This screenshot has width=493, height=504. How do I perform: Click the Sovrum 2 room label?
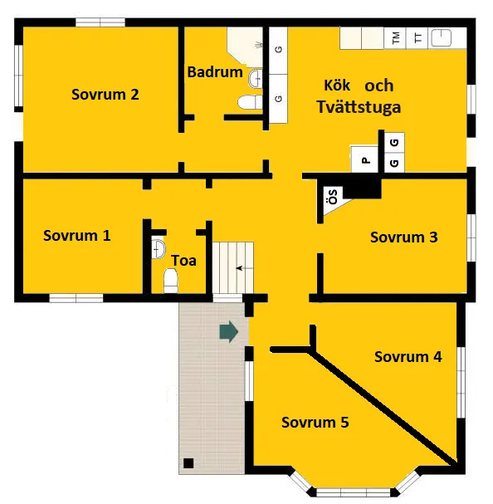[105, 95]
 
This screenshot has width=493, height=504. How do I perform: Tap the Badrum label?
[215, 72]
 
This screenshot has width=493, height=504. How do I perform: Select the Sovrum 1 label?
[77, 236]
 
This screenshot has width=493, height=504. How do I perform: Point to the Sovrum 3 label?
[404, 237]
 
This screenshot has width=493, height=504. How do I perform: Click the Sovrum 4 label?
[408, 357]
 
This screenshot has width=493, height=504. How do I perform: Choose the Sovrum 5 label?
[315, 423]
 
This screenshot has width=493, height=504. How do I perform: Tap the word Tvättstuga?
[359, 107]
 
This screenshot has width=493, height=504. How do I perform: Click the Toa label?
[183, 261]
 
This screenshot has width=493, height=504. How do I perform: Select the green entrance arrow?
[229, 331]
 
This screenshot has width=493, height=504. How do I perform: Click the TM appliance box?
[395, 38]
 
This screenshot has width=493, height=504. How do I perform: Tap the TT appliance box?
[417, 38]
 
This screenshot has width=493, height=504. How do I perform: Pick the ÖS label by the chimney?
[333, 197]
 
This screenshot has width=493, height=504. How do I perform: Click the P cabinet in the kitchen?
[364, 159]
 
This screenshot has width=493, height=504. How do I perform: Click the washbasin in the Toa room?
[159, 248]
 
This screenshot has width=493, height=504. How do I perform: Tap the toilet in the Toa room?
[171, 281]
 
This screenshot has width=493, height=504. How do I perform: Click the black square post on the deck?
[188, 463]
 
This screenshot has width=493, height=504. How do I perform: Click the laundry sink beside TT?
[441, 38]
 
